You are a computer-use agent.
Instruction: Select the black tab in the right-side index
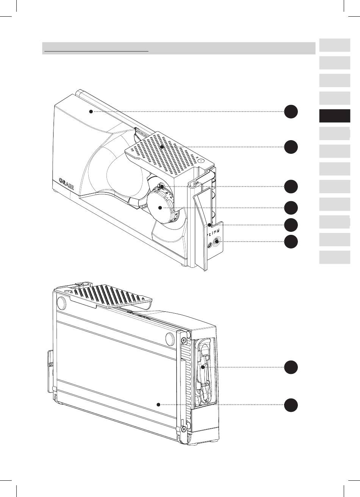[x=334, y=116]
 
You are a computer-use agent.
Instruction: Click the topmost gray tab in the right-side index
[x=334, y=45]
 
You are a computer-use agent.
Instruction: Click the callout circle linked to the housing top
[x=291, y=111]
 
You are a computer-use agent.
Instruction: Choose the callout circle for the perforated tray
[x=291, y=147]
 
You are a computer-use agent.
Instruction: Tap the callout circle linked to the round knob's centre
[x=291, y=208]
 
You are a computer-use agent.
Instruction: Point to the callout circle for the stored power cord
[x=291, y=367]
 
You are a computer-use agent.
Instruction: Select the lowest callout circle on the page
[x=291, y=404]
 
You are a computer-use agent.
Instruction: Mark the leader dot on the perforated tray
[x=162, y=146]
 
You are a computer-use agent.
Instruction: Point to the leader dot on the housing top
[x=91, y=111]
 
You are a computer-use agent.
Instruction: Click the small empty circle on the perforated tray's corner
[x=201, y=161]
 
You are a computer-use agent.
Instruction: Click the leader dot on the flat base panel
[x=159, y=404]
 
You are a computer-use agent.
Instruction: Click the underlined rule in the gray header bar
[x=96, y=50]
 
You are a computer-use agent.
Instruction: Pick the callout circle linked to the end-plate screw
[x=291, y=241]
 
